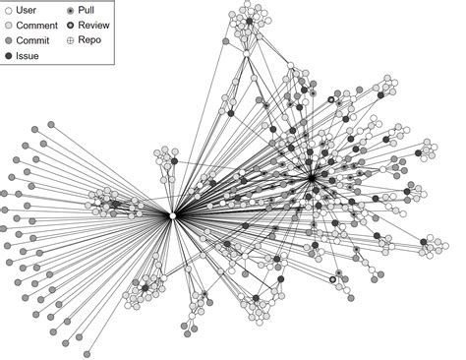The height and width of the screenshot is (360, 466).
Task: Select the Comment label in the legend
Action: (x=37, y=26)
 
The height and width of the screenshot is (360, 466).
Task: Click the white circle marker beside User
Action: (x=9, y=10)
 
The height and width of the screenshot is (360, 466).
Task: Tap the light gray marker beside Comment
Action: (x=9, y=26)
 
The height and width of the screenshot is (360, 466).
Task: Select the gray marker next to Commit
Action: (x=9, y=41)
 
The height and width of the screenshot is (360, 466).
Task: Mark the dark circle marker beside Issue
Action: (x=9, y=57)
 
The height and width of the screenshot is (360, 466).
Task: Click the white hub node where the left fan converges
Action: (x=172, y=215)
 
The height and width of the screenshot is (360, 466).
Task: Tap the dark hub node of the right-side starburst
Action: (x=312, y=178)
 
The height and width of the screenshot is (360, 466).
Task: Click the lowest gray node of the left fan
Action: (x=87, y=353)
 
